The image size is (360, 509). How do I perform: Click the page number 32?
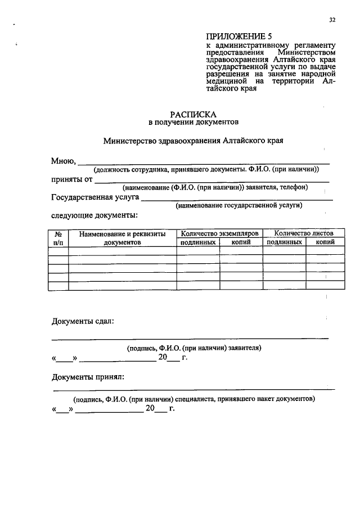coord(332,20)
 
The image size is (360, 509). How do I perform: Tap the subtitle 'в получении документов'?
coord(193,121)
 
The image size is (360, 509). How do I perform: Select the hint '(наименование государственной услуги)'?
coord(238,206)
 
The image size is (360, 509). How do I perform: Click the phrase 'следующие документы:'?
coord(94,215)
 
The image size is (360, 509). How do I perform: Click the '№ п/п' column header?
coord(58,237)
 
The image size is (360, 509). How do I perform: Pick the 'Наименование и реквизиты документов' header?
coord(122,237)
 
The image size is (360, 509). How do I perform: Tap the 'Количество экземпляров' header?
coord(219,233)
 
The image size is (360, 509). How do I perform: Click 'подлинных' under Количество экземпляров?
coord(197,242)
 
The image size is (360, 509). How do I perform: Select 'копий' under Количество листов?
coord(325,242)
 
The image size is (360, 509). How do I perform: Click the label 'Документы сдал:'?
coord(83,321)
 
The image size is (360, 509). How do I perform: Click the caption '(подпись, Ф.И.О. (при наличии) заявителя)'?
coord(193,348)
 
